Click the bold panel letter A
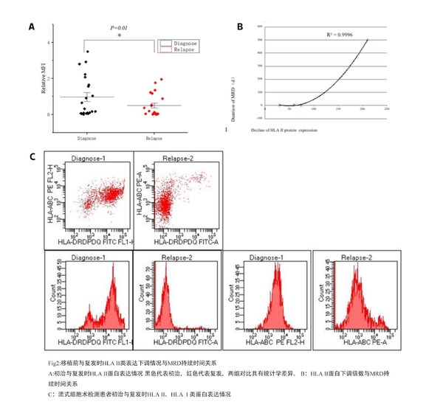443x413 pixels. pyautogui.click(x=32, y=27)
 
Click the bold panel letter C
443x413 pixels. pyautogui.click(x=32, y=157)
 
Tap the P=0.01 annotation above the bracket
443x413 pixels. pyautogui.click(x=120, y=28)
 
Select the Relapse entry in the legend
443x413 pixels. pyautogui.click(x=184, y=49)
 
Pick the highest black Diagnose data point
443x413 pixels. pyautogui.click(x=87, y=52)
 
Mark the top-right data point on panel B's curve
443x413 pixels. pyautogui.click(x=367, y=40)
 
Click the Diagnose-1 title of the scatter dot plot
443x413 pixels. pyautogui.click(x=93, y=157)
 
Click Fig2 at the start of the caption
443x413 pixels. pyautogui.click(x=52, y=363)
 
